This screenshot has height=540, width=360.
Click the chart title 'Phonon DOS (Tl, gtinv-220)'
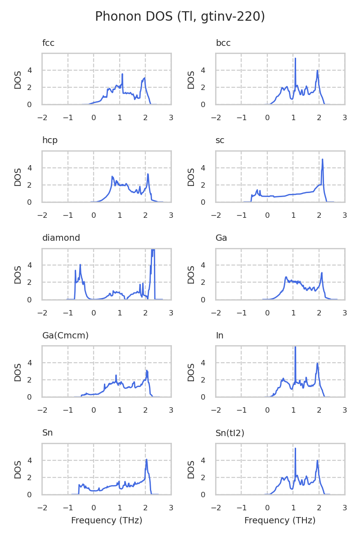coord(180,17)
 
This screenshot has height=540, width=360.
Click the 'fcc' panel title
coord(48,43)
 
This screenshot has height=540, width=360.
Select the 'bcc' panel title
coord(223,43)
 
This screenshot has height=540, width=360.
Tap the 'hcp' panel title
coord(49,140)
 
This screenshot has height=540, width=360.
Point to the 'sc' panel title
coord(220,140)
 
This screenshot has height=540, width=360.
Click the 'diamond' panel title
coord(61,238)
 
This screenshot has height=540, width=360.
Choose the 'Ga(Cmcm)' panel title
coord(65,336)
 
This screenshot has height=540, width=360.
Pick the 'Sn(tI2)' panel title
coord(229,433)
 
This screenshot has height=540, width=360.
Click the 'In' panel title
coord(220,336)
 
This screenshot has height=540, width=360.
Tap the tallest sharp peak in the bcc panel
coord(295,58)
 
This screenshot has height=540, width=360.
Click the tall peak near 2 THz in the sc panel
coord(323,159)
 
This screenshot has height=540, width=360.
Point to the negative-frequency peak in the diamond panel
coord(80,265)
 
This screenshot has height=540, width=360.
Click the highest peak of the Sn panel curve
coord(146,459)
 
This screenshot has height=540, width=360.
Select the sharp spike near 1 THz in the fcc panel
coord(122,74)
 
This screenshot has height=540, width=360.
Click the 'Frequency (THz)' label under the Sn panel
coord(107,521)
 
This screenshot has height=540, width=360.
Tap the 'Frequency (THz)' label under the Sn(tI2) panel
coord(280,521)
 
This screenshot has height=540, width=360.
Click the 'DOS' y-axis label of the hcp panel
coord(18,176)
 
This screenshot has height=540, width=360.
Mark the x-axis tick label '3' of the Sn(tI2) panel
coord(345,508)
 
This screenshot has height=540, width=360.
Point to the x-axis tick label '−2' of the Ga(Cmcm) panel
coord(42,410)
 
